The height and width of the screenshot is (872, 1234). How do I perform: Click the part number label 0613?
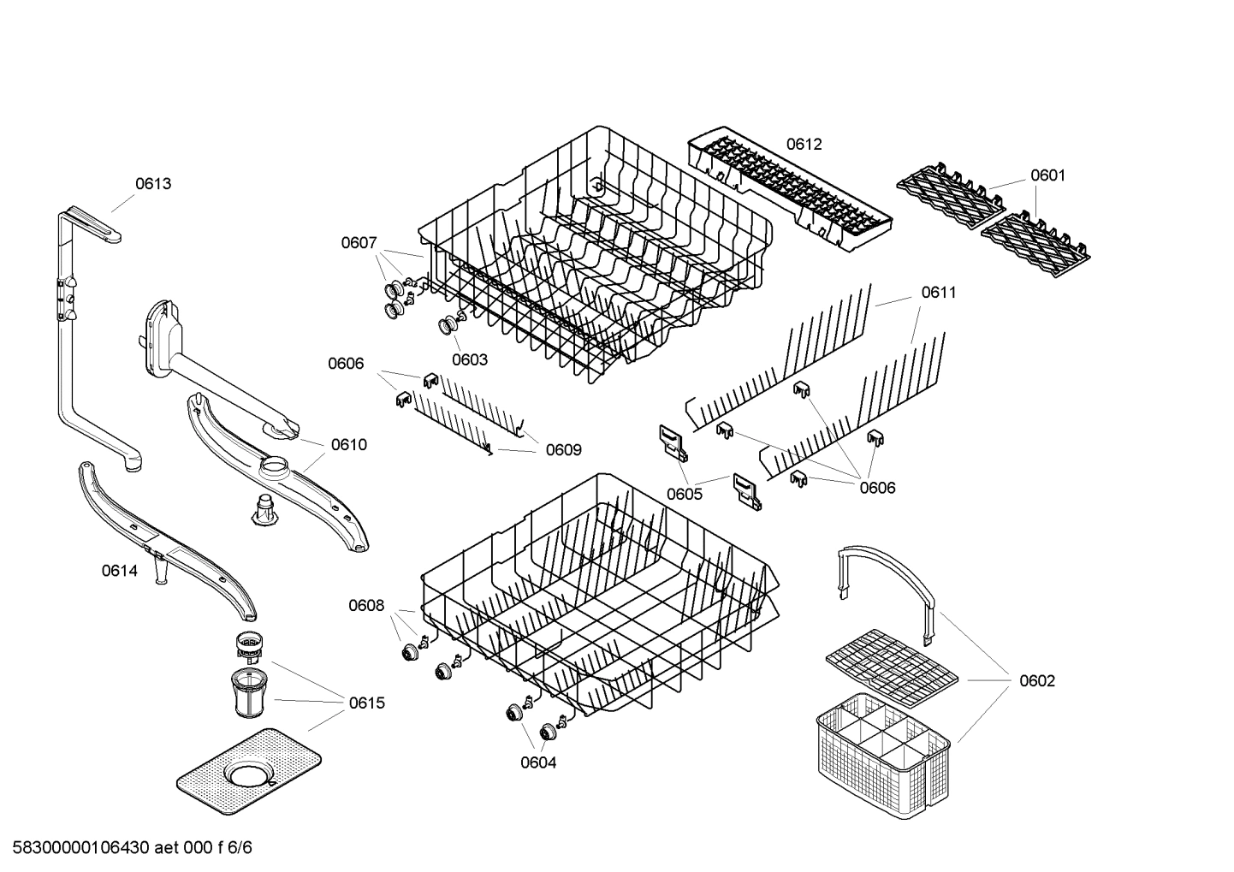[x=153, y=183]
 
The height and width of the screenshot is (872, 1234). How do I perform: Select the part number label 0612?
[x=804, y=145]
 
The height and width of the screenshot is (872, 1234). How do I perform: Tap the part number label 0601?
[x=1047, y=175]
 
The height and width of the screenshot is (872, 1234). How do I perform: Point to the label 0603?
[x=470, y=359]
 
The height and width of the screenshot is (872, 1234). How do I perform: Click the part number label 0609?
[x=564, y=450]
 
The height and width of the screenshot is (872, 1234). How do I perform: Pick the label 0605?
[x=685, y=494]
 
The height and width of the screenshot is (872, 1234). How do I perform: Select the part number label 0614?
[x=119, y=571]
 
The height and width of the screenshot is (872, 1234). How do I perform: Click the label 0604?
[x=538, y=762]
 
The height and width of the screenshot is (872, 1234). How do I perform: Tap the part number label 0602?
[x=1037, y=681]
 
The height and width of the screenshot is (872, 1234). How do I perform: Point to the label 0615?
[x=366, y=703]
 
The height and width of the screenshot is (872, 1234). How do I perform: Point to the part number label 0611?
[x=939, y=293]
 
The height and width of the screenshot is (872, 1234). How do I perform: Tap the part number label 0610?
[x=349, y=444]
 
